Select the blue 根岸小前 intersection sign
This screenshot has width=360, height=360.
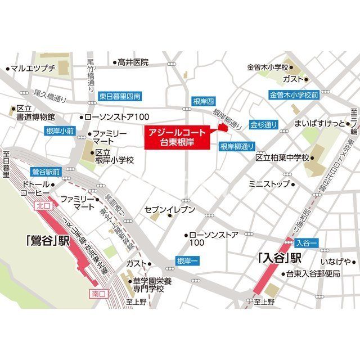(59, 131)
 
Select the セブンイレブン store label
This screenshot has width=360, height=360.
(170, 210)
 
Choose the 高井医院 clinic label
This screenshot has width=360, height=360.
(132, 62)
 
